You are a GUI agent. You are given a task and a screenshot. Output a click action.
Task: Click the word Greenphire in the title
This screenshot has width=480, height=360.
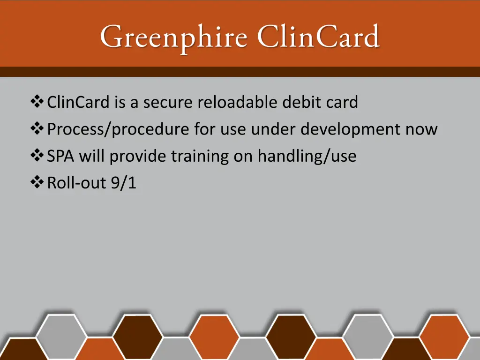[173, 37]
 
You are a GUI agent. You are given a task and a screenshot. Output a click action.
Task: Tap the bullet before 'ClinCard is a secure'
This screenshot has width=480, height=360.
[37, 101]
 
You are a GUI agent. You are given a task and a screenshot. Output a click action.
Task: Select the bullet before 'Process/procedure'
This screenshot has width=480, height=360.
[37, 128]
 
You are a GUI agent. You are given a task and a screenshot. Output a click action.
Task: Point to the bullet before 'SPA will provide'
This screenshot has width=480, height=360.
[37, 156]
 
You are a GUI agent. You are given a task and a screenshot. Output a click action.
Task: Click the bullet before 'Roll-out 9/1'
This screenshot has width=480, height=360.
[37, 183]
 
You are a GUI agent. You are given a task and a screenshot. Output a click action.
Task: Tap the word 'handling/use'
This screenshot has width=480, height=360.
[307, 156]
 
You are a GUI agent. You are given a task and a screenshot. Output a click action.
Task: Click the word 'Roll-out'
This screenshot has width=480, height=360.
[77, 183]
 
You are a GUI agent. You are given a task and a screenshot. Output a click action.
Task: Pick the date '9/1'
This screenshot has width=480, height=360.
[124, 183]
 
